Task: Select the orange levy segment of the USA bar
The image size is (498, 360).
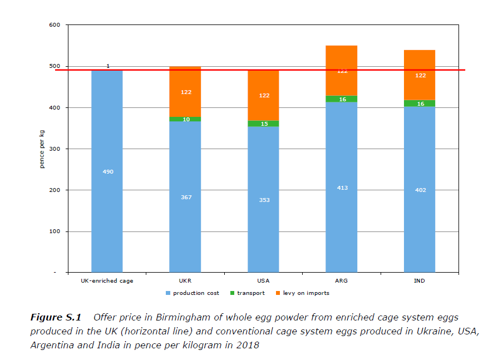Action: point(264,83)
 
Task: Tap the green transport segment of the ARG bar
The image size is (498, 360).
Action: point(342,99)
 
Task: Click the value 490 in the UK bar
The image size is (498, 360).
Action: point(108,172)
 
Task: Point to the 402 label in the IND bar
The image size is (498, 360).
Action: point(420,190)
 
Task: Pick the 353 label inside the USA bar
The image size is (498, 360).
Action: point(264,200)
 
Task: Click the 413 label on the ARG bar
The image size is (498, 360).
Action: point(342,188)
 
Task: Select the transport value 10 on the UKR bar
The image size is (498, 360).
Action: point(186,119)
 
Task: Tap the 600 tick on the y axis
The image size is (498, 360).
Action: point(54,25)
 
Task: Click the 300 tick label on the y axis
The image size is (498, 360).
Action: point(54,149)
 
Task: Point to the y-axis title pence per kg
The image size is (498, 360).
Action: point(42,149)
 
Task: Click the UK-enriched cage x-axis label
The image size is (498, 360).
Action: point(107,281)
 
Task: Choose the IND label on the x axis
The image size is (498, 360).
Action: point(420,281)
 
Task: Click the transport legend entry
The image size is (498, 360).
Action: point(250,293)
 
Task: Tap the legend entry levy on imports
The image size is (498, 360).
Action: point(305,293)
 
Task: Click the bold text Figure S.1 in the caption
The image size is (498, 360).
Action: point(55,318)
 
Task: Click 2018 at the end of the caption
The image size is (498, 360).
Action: point(248,346)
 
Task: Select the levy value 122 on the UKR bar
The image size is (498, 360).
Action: point(186,92)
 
